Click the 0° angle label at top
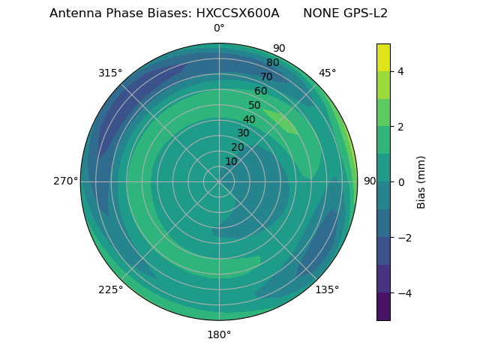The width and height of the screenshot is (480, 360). (219, 28)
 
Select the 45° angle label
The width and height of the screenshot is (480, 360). (327, 73)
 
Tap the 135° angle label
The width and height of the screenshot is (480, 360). (327, 289)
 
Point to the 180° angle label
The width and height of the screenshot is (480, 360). (219, 334)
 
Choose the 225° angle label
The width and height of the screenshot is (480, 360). (110, 289)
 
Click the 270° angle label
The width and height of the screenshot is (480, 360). (65, 181)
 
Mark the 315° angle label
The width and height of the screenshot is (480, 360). (110, 73)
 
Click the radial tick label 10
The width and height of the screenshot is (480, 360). (231, 161)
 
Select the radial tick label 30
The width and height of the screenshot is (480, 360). (243, 133)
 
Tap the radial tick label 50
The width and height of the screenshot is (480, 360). (254, 105)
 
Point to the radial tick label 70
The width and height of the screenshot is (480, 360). (266, 76)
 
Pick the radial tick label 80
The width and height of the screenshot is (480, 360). (272, 63)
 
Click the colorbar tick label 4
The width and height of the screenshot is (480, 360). (400, 71)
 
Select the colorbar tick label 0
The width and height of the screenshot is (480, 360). (400, 182)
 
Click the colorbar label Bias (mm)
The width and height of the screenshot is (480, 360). (421, 182)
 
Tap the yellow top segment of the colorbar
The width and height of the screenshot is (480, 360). (383, 57)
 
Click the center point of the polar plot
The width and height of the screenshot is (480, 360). (219, 181)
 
